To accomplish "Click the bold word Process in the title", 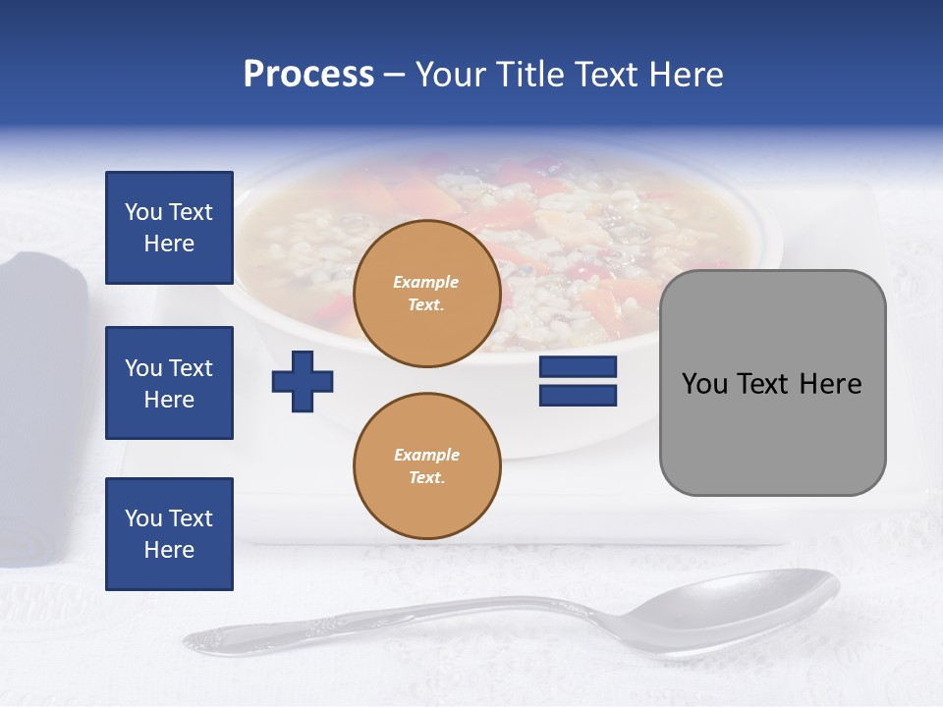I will pos(308,75).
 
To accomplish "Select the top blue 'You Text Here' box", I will pos(169,228).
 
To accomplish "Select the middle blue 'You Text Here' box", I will pos(169,383).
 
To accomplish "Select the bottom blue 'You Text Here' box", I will pos(169,534).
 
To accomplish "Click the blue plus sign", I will pos(303,381).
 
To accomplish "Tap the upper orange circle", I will pos(427,294).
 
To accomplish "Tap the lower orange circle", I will pos(427,466).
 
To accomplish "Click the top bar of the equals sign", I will pos(578,367).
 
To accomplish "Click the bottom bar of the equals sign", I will pos(578,396).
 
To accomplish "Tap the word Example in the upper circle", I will pos(426,282).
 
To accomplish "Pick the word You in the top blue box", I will pos(142,212).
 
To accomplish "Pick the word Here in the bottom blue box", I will pos(169,551).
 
